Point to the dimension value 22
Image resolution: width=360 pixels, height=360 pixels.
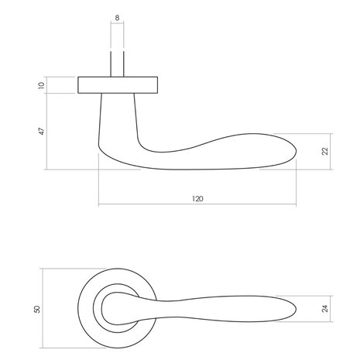(326, 152)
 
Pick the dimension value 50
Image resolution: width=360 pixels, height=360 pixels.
(36, 308)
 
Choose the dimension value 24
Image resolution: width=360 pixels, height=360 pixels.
(326, 308)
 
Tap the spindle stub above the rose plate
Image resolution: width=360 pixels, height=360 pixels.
(118, 64)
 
